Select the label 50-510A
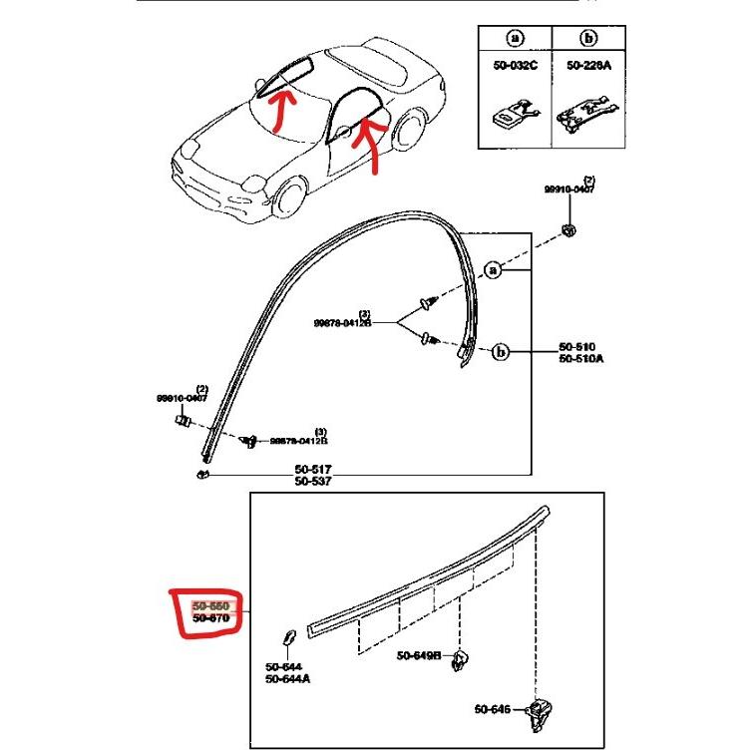tap(580, 360)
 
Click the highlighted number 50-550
tap(210, 605)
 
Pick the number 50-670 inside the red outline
tap(210, 618)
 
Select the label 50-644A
tap(287, 679)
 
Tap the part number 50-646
tap(493, 709)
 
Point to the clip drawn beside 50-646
tap(541, 710)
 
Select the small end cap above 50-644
tap(288, 637)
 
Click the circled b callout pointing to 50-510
tap(502, 351)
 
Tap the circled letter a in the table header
tap(514, 39)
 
